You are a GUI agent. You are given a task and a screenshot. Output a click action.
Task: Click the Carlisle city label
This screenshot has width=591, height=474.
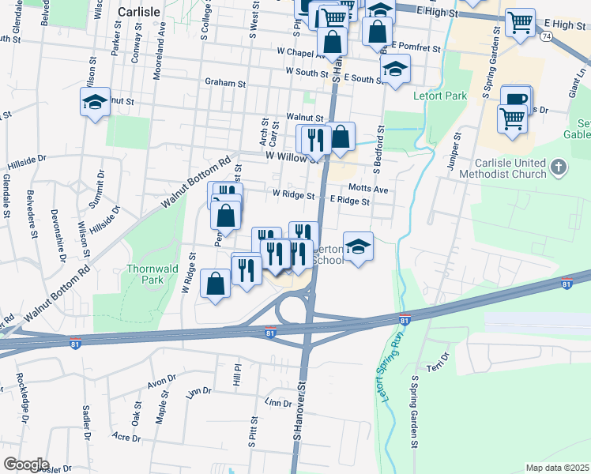(x=139, y=12)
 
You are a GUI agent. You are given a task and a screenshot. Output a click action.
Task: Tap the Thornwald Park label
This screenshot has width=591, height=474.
(x=146, y=274)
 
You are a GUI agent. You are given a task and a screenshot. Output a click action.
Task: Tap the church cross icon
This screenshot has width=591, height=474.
(x=559, y=167)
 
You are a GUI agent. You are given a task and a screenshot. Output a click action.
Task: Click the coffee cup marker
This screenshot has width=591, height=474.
(x=515, y=100)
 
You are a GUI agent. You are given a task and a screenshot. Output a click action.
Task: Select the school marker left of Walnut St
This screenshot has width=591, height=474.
(x=95, y=102)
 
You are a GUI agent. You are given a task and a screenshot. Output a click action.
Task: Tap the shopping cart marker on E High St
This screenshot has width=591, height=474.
(x=520, y=23)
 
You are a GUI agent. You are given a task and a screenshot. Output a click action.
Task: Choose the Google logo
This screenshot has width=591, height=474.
(x=26, y=464)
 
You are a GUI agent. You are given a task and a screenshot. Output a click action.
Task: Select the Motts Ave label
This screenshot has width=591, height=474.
(x=368, y=190)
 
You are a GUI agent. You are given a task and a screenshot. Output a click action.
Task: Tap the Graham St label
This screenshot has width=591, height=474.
(x=225, y=82)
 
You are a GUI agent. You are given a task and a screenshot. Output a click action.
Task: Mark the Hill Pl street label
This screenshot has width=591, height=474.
(x=235, y=374)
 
